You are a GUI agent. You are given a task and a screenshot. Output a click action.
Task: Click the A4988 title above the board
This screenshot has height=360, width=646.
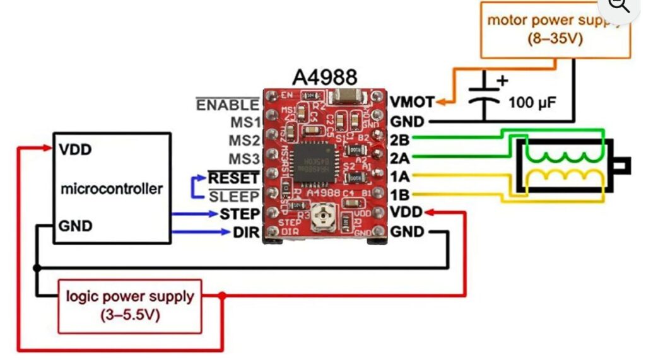click(x=325, y=76)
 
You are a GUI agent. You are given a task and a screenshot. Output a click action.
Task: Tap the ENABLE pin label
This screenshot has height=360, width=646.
click(x=228, y=105)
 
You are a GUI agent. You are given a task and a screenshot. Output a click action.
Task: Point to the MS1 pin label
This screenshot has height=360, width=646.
click(x=244, y=122)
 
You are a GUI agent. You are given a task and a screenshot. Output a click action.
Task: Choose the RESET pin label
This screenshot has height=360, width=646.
click(x=233, y=178)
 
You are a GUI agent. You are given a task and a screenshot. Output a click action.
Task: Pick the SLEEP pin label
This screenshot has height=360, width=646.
click(x=233, y=196)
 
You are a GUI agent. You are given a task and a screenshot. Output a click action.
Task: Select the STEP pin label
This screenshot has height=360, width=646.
click(x=240, y=214)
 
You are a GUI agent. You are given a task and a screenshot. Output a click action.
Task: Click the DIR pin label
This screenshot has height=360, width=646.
click(x=245, y=233)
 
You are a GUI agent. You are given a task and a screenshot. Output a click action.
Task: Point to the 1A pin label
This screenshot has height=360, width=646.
click(x=400, y=176)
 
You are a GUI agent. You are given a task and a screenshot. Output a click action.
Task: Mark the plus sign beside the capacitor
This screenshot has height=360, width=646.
click(x=503, y=81)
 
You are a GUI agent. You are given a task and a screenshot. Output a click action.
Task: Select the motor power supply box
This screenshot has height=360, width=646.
click(x=555, y=30)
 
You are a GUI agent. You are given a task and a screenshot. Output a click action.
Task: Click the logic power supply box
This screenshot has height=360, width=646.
click(x=130, y=305)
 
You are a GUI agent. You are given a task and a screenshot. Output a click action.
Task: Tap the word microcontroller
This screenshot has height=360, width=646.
click(x=112, y=188)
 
